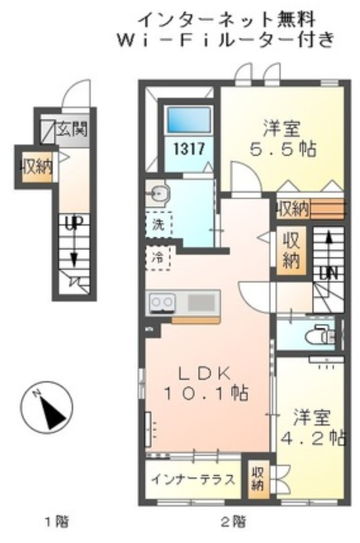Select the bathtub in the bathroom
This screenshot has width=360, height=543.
click(189, 120)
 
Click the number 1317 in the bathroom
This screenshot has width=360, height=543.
click(189, 149)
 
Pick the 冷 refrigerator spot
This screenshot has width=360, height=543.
click(158, 258)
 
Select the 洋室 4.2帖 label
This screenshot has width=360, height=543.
click(312, 426)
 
